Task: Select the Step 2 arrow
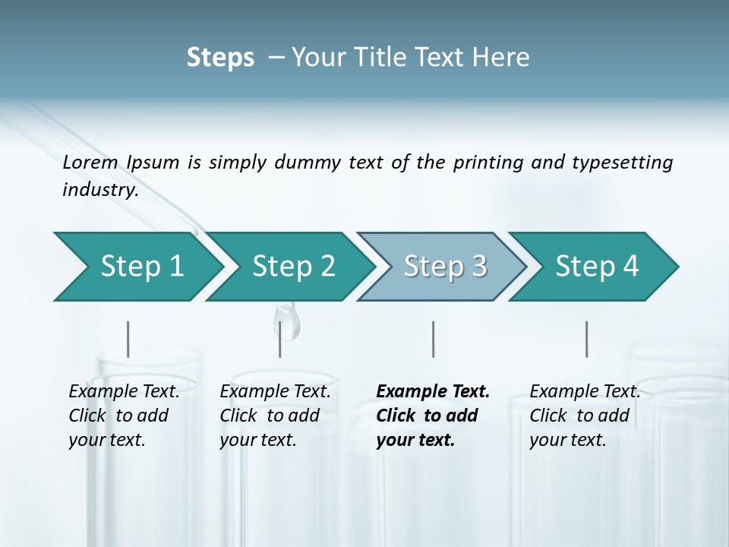293,266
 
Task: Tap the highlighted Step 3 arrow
445,266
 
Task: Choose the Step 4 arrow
597,266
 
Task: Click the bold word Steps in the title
220,58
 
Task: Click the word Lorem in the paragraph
90,162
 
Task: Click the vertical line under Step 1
128,339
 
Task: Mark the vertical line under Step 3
434,339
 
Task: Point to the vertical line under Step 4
587,339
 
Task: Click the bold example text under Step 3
433,416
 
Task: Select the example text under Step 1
124,416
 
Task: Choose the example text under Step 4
585,416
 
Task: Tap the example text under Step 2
275,416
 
